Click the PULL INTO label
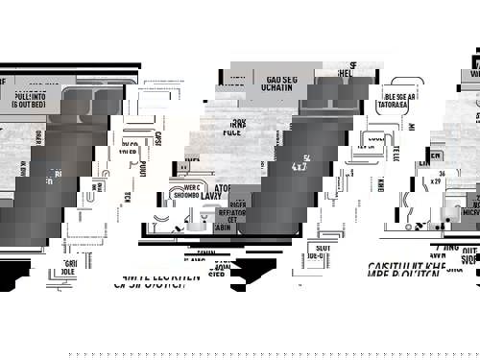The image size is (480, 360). pyautogui.click(x=29, y=96)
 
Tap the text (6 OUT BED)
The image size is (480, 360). pyautogui.click(x=29, y=104)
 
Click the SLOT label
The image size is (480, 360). pyautogui.click(x=318, y=248)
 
